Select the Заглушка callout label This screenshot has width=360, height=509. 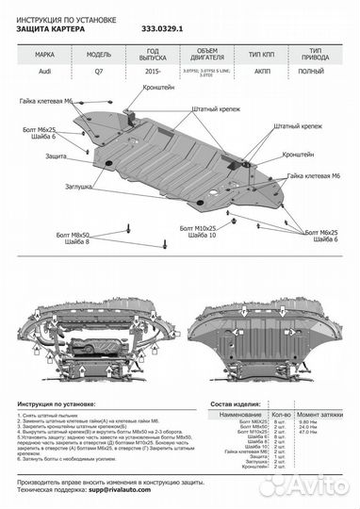click(65, 188)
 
